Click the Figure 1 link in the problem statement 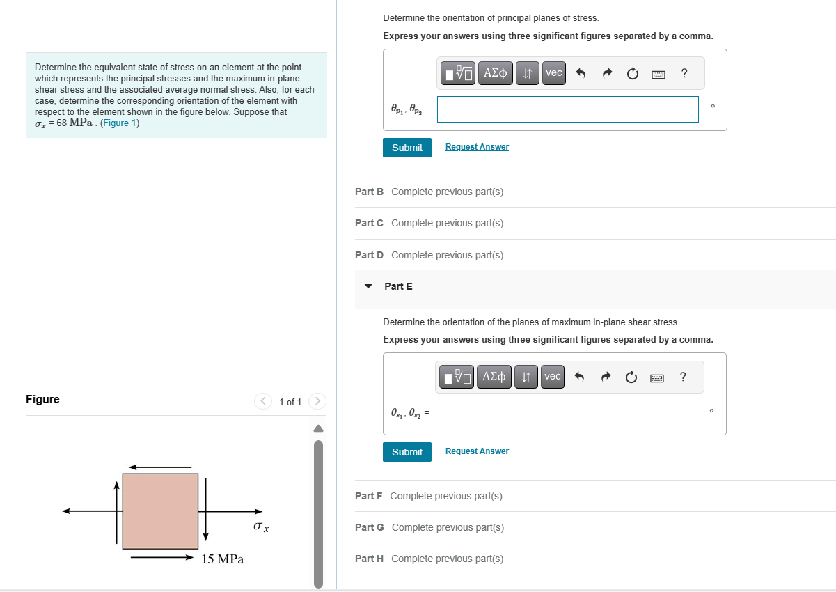pyautogui.click(x=120, y=123)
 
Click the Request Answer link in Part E pyautogui.click(x=477, y=451)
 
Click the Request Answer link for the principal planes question pyautogui.click(x=477, y=147)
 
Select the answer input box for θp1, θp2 pyautogui.click(x=567, y=109)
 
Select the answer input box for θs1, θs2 pyautogui.click(x=566, y=413)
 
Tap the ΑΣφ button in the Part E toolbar pyautogui.click(x=494, y=377)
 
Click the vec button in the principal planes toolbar pyautogui.click(x=553, y=72)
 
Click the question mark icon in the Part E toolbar pyautogui.click(x=683, y=377)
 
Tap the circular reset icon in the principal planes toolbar pyautogui.click(x=632, y=73)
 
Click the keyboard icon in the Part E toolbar pyautogui.click(x=657, y=377)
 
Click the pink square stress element pyautogui.click(x=160, y=511)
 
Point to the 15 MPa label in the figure pyautogui.click(x=222, y=559)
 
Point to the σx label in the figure pyautogui.click(x=261, y=528)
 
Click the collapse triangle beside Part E pyautogui.click(x=369, y=286)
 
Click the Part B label pyautogui.click(x=369, y=192)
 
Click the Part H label pyautogui.click(x=369, y=559)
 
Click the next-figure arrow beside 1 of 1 pyautogui.click(x=317, y=401)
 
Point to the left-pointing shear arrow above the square pyautogui.click(x=160, y=467)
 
